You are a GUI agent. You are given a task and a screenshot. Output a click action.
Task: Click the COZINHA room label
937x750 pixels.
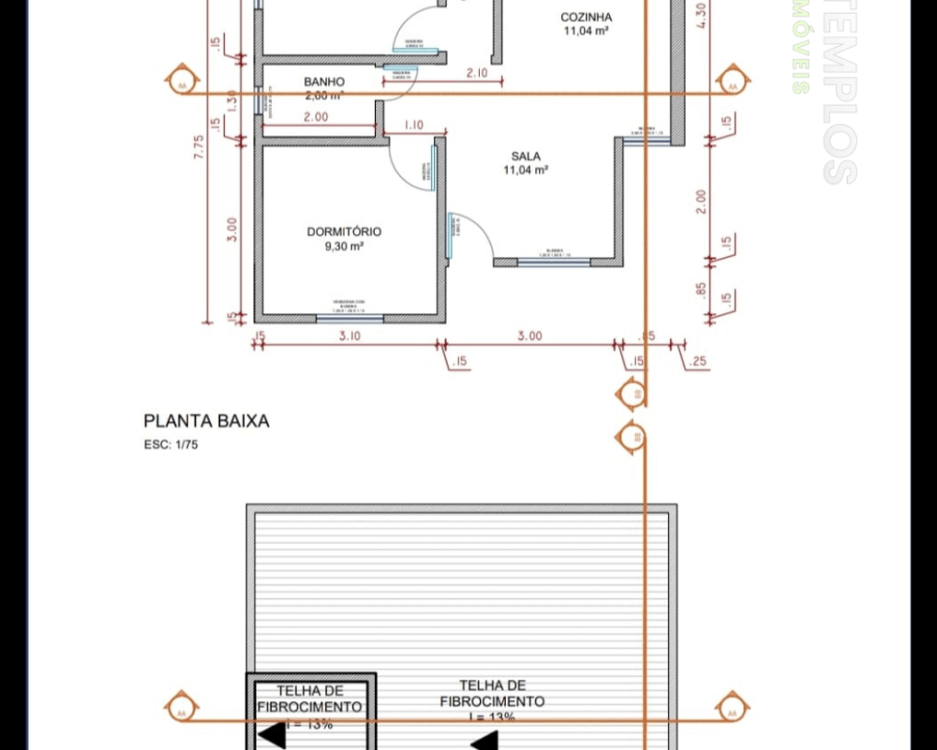coord(587,17)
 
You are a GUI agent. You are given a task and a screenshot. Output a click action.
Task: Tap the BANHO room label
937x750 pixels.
coord(324,82)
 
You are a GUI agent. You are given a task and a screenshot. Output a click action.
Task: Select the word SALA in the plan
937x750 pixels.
coord(526,157)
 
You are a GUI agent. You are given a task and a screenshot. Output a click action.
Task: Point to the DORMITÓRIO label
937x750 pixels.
coord(344,232)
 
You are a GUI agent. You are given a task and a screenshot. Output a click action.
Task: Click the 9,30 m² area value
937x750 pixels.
coord(344,247)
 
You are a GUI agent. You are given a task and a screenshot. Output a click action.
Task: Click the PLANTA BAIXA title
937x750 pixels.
coord(206,422)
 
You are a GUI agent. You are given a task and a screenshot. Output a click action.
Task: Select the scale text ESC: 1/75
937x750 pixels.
coord(171,445)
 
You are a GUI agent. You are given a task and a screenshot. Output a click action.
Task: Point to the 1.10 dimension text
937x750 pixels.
coord(413,126)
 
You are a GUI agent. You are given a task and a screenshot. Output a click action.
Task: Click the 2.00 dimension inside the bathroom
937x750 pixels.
coord(315,117)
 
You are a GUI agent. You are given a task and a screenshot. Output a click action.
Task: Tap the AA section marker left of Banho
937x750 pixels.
coord(181,82)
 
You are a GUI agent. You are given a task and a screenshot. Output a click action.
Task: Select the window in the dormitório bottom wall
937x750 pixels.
coord(350,319)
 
